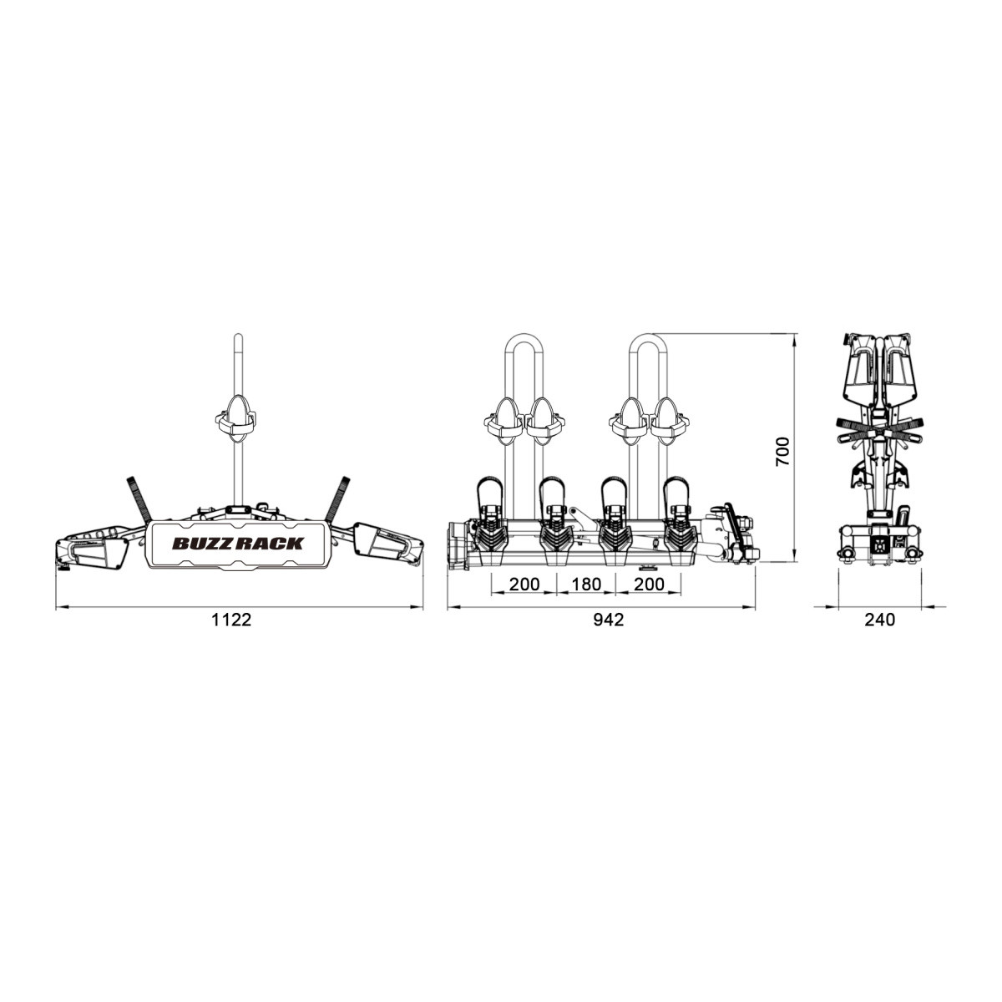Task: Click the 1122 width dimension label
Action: click(x=231, y=620)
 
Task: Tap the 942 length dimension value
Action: click(x=609, y=620)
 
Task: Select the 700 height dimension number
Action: click(x=782, y=452)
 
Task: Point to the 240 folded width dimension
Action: click(x=880, y=620)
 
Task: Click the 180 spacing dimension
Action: click(x=586, y=584)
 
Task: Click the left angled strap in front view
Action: click(x=139, y=499)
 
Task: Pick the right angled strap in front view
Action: click(x=338, y=499)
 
